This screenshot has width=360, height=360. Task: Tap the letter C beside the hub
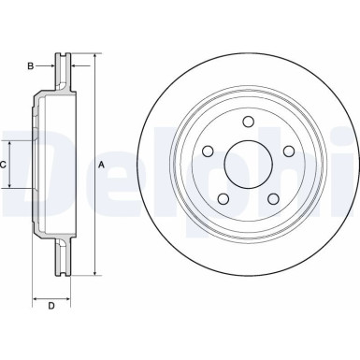click(x=5, y=165)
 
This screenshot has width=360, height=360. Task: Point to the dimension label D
click(x=51, y=305)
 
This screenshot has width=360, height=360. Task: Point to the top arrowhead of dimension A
click(x=94, y=58)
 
